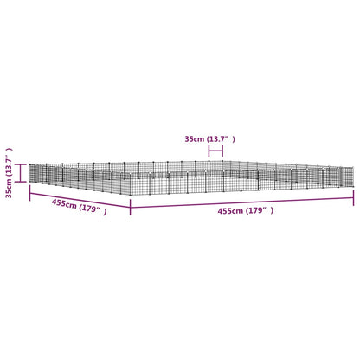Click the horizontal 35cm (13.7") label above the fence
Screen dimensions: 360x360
coord(209,139)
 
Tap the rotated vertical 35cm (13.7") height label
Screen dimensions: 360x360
coord(10,173)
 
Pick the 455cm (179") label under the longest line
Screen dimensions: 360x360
coord(246,211)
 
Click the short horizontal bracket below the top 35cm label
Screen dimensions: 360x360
coord(215,151)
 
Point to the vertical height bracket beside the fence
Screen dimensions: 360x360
coord(21,173)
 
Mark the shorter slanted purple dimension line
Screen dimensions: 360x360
coord(80,200)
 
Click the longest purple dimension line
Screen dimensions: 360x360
coord(242,202)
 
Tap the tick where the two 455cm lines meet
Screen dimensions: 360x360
coord(131,207)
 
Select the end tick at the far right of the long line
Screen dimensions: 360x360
coord(354,198)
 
